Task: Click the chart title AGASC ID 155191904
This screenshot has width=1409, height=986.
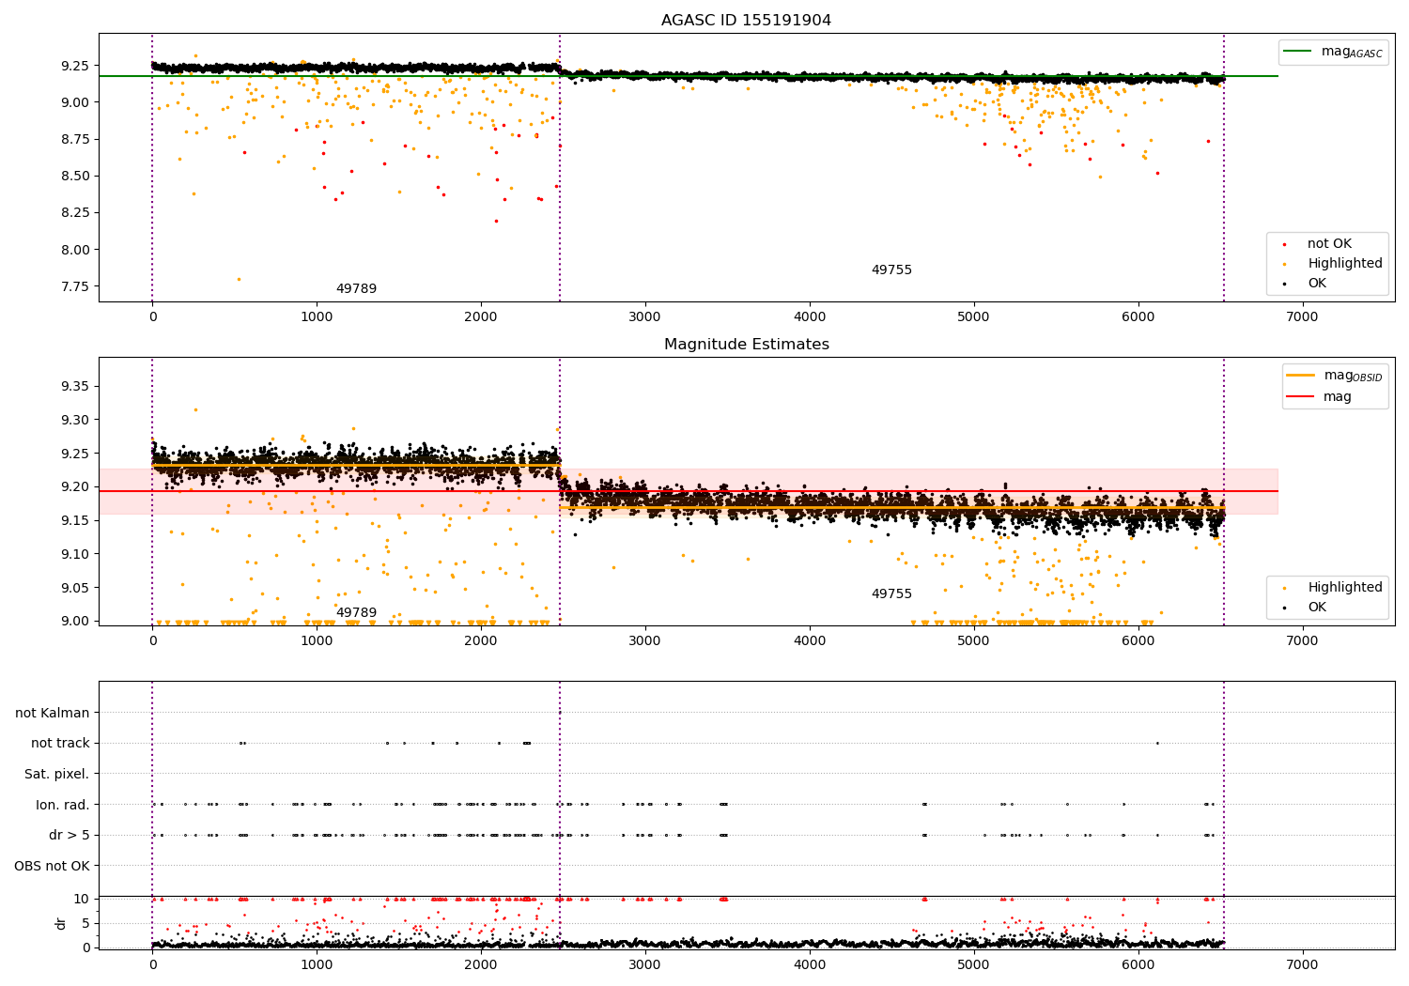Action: pos(746,21)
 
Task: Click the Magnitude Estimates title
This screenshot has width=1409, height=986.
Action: pos(746,345)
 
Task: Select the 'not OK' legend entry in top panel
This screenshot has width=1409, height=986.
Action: pos(1329,244)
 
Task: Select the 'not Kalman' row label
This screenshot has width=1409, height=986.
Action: pos(53,713)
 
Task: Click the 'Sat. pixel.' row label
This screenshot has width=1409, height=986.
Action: pos(56,774)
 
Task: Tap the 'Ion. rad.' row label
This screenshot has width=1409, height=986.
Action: pos(62,805)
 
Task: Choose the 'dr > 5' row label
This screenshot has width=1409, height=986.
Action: pos(69,835)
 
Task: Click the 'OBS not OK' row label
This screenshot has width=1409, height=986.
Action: pos(52,866)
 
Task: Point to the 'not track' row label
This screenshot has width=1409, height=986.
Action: pos(60,743)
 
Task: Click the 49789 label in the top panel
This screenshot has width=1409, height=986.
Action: pos(356,289)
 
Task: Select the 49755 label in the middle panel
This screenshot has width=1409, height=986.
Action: pos(891,594)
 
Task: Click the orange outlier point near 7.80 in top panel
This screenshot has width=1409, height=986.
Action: pos(239,279)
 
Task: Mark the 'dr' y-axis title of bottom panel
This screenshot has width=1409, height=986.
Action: pos(61,923)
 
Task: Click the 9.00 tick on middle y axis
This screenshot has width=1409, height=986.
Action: pos(77,621)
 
